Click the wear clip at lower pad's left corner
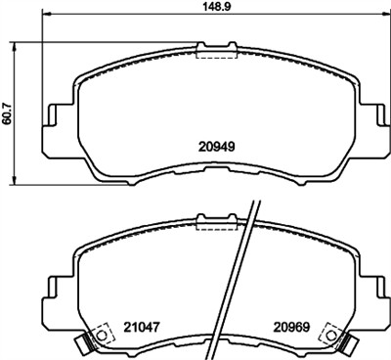[81, 342]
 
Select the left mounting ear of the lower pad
[51, 286]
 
